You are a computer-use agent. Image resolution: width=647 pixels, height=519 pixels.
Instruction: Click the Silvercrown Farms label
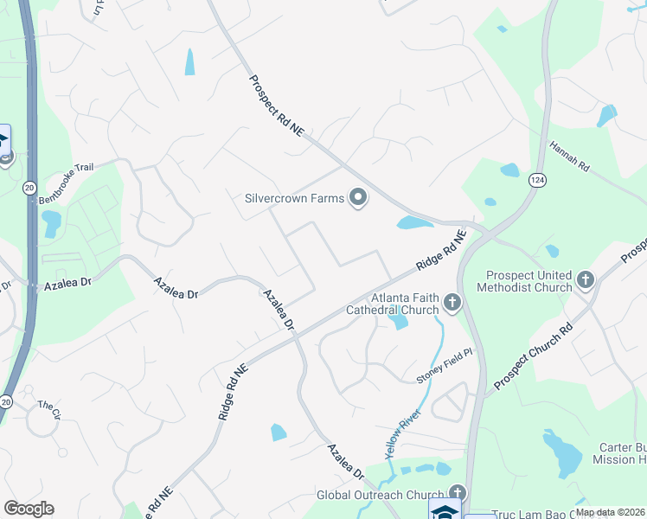[295, 199]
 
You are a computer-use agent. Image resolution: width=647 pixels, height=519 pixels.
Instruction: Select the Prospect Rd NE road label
[277, 106]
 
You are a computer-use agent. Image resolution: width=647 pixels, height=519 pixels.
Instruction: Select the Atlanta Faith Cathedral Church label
[393, 303]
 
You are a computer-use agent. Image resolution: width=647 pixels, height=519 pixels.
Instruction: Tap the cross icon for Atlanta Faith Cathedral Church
[452, 303]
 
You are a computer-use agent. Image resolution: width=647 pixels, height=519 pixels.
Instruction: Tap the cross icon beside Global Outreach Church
[455, 494]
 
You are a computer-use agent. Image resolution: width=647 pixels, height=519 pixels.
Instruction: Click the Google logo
[29, 509]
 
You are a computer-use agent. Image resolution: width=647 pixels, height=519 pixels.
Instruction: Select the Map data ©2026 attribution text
[610, 512]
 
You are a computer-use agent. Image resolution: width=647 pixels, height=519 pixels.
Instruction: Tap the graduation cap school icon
[445, 510]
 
